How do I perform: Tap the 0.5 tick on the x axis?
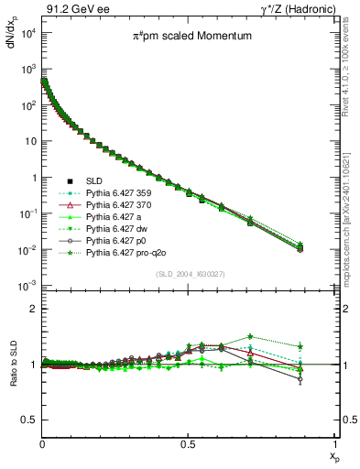pyautogui.click(x=188, y=443)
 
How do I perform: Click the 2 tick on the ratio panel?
pyautogui.click(x=33, y=309)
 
